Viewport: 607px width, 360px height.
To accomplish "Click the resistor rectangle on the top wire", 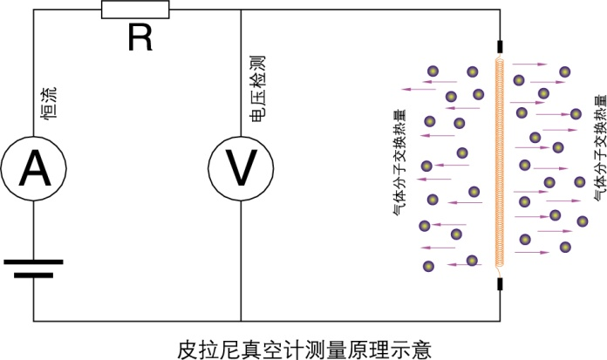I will pos(135,10).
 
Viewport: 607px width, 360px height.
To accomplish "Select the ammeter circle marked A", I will pos(32,166).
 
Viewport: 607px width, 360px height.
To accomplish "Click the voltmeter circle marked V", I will pos(240,166).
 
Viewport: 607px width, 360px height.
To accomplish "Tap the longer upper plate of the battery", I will pos(32,261).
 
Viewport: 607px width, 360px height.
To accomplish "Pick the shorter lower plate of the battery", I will pos(32,274).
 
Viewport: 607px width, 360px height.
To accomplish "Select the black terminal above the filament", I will pos(500,45).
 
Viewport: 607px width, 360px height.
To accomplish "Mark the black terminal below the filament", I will pos(500,283).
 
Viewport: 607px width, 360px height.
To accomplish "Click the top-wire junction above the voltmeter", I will pos(240,10).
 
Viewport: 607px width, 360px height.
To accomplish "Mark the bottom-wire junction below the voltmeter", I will pos(240,320).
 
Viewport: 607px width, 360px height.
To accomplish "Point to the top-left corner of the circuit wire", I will pos(32,10).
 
